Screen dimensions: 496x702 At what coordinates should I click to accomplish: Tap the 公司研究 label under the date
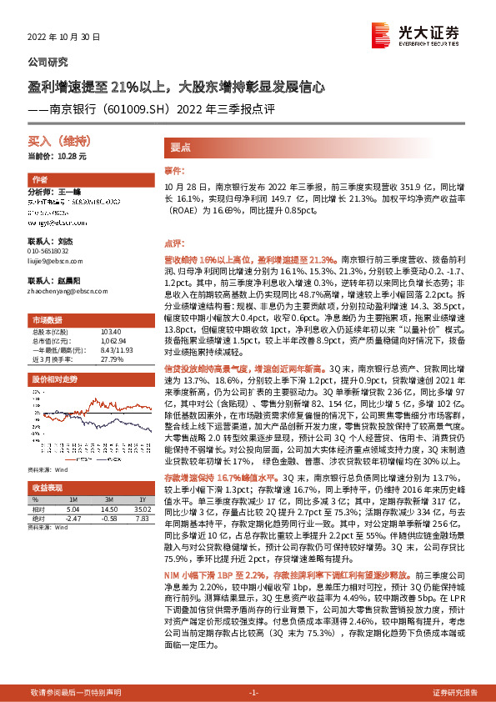point(48,62)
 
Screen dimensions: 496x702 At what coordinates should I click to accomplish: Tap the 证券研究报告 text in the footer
point(455,693)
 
